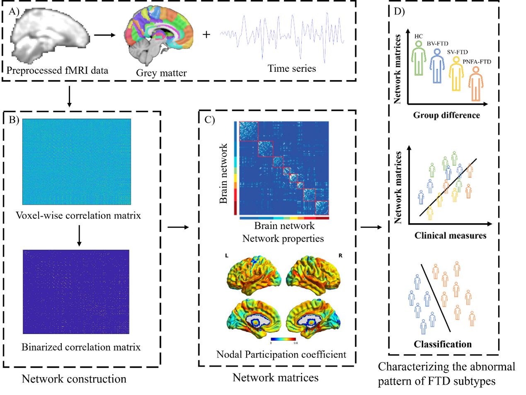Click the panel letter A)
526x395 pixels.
click(14, 12)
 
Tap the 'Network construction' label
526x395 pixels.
click(74, 379)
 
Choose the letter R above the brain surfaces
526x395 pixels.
click(340, 256)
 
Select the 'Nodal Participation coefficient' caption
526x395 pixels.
click(281, 355)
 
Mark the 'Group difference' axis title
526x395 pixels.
click(446, 115)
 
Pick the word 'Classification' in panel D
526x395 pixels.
click(442, 344)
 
